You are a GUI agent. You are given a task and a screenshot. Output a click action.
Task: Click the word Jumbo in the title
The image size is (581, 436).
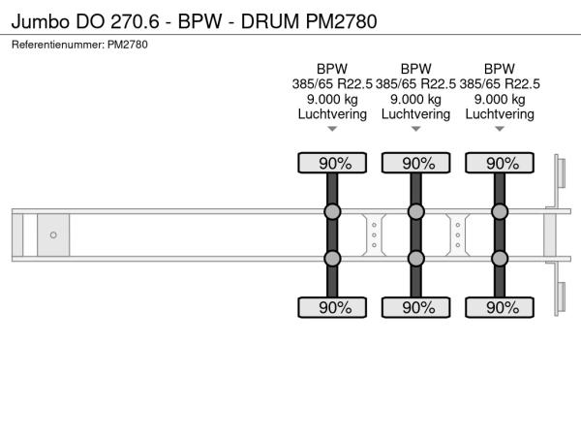[41, 21]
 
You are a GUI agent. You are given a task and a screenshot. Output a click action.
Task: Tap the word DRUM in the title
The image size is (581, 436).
[270, 21]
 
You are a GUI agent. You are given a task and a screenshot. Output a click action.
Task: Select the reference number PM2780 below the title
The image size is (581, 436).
[128, 45]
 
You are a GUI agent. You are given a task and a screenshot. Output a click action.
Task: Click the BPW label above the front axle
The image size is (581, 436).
[332, 69]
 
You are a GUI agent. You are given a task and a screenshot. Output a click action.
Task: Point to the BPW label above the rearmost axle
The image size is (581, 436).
[500, 69]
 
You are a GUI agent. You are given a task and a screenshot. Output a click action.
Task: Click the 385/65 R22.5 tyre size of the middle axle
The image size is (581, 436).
[415, 84]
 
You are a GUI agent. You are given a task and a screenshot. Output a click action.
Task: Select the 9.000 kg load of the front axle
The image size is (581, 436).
[332, 100]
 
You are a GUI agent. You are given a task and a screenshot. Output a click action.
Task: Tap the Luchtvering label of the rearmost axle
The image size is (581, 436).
[500, 114]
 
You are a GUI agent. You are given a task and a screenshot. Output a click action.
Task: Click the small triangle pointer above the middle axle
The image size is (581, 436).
[415, 129]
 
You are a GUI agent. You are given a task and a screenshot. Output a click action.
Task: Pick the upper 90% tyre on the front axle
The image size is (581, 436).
[332, 163]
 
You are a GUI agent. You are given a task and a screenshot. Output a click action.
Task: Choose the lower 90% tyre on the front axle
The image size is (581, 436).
[332, 307]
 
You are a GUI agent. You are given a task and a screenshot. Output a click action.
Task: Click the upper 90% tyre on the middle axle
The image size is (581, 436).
[415, 163]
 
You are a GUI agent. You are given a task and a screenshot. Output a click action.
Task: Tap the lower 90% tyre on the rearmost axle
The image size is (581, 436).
[500, 307]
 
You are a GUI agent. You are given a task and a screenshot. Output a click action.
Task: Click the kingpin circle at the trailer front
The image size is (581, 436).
[53, 234]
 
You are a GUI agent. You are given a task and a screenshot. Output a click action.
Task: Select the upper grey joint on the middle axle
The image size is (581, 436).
[415, 211]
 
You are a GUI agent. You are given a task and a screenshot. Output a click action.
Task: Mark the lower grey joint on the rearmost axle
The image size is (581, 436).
[500, 259]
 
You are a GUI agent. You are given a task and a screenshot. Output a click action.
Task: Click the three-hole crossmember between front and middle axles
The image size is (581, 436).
[374, 235]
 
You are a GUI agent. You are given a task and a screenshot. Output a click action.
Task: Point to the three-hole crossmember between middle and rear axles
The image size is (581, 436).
[458, 235]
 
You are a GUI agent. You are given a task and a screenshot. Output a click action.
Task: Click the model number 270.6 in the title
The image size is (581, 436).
[135, 21]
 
